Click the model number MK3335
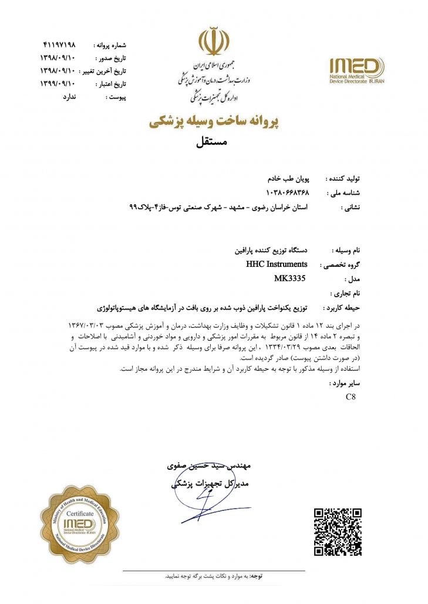(x=289, y=278)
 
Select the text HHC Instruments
(x=278, y=264)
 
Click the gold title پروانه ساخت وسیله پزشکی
(x=213, y=122)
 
